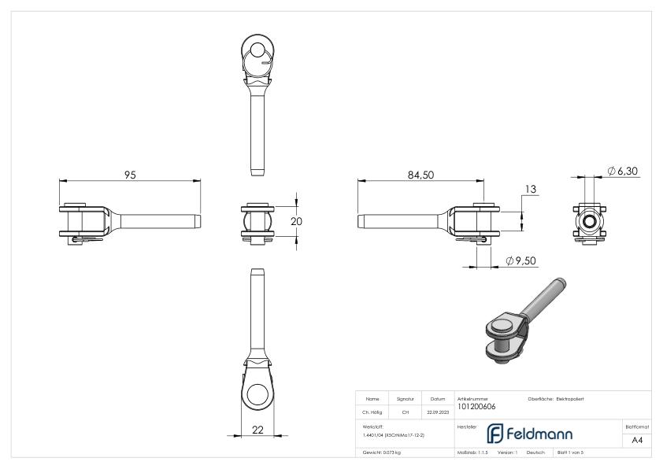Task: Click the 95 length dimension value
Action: [x=130, y=175]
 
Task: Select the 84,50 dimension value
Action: [x=420, y=175]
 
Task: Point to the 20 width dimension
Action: [x=296, y=221]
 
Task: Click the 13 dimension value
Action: [x=529, y=190]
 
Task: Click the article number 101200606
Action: [x=476, y=407]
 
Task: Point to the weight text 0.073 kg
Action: [x=381, y=452]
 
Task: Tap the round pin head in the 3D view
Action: [x=502, y=324]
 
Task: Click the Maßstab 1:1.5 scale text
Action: [x=472, y=452]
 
